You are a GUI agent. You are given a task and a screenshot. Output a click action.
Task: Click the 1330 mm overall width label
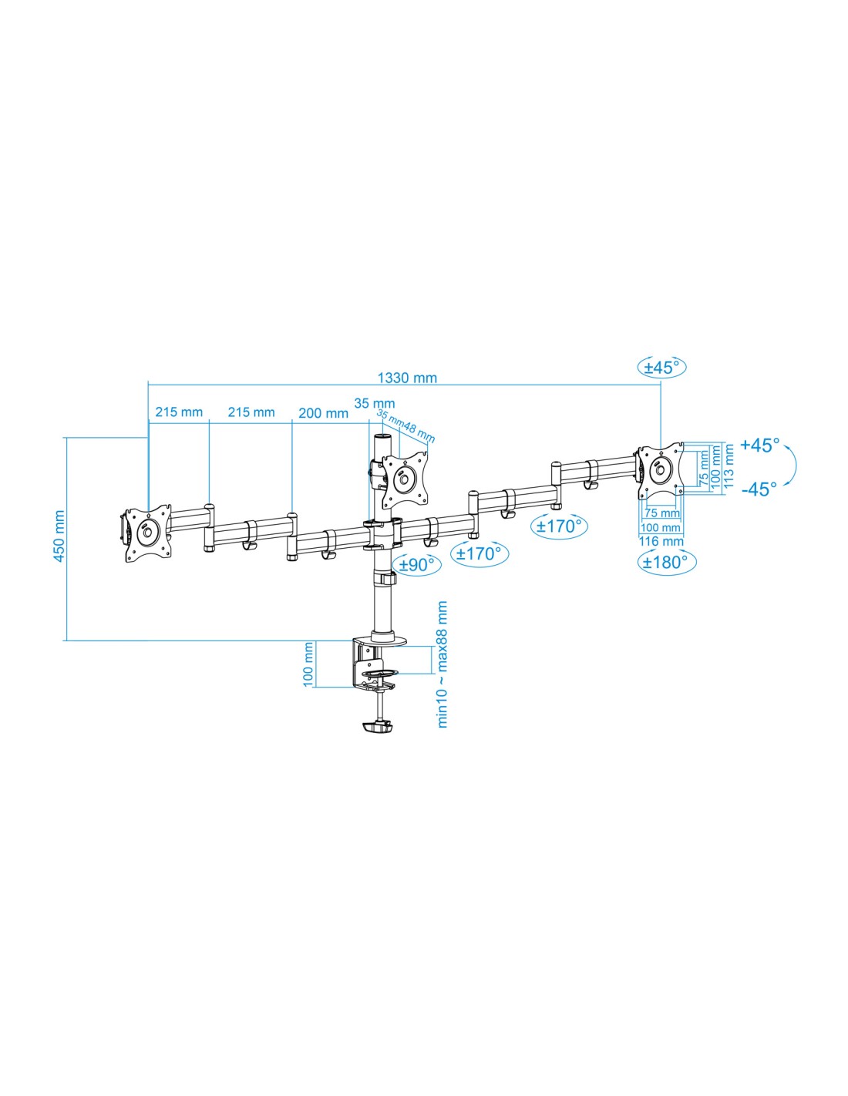(x=407, y=378)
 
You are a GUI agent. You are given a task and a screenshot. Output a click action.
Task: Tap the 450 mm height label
(x=59, y=536)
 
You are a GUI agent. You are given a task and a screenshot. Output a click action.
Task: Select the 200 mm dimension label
(x=323, y=413)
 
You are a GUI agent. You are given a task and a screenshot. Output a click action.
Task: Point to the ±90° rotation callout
(x=417, y=565)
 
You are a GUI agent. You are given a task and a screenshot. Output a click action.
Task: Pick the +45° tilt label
(x=759, y=445)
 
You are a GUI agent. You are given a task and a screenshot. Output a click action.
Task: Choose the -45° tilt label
(x=759, y=489)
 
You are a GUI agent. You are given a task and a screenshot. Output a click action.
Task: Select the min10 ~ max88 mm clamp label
(x=443, y=664)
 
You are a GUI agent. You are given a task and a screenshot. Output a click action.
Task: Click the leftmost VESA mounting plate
(x=146, y=533)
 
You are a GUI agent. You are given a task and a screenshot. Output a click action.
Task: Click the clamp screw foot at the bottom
(x=377, y=727)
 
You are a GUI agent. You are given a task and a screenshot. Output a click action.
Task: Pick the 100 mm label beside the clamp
(x=308, y=664)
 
